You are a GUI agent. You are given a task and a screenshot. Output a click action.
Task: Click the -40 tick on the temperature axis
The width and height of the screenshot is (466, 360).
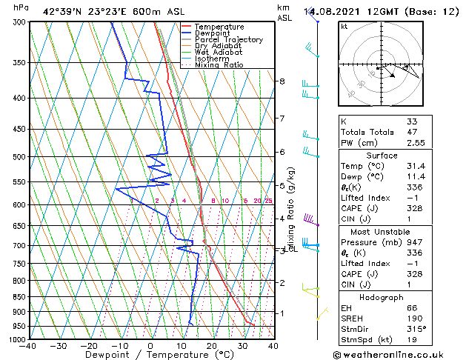click(x=28, y=345)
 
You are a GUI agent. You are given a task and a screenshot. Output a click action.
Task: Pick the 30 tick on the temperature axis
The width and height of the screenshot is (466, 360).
click(x=242, y=345)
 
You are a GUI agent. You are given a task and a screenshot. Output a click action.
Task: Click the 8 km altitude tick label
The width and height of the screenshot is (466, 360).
click(x=282, y=81)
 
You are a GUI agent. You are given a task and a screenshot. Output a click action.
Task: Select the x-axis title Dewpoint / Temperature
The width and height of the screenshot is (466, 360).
click(x=150, y=355)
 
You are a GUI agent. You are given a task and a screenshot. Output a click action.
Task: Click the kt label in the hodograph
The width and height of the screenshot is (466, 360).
click(x=344, y=27)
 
